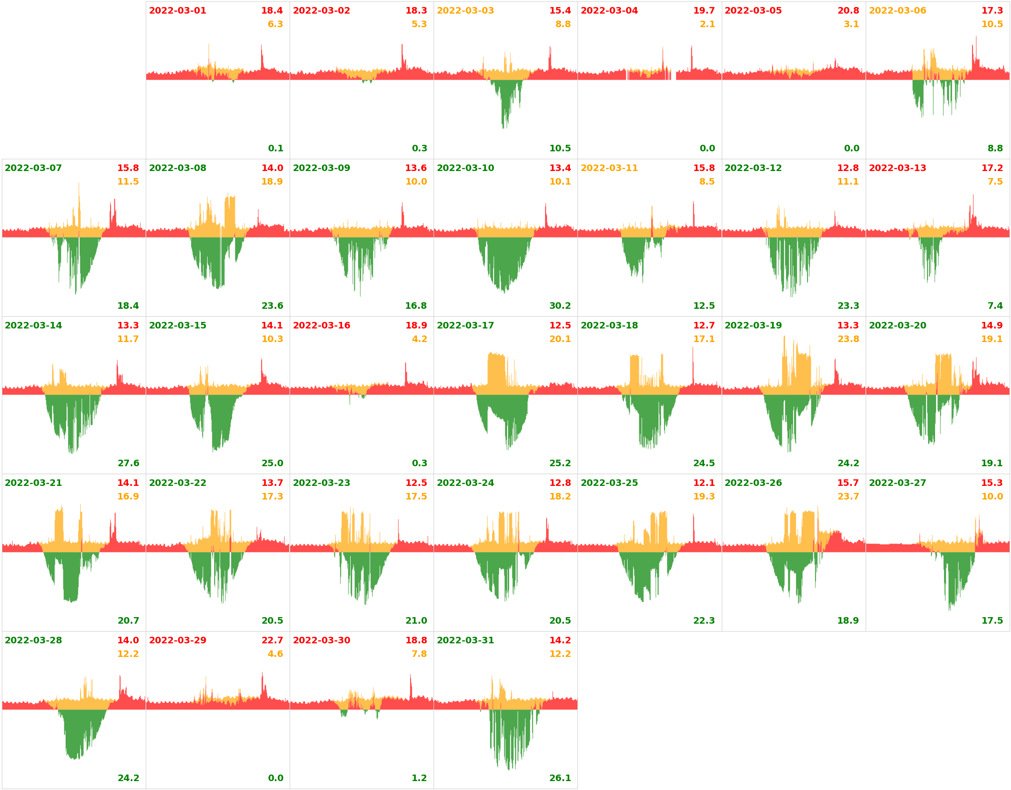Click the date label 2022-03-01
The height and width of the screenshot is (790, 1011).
tap(177, 11)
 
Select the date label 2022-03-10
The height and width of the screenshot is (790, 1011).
tap(465, 168)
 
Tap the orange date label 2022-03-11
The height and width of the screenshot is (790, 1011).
tap(609, 168)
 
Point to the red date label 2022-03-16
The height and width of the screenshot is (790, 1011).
tap(321, 326)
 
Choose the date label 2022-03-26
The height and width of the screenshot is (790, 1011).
tap(753, 483)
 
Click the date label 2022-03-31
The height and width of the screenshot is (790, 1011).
tap(465, 641)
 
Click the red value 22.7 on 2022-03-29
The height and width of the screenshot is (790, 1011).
tap(272, 641)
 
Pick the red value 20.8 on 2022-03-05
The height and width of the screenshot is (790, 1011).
tap(848, 11)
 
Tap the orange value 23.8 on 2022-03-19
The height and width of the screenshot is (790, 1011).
tap(848, 339)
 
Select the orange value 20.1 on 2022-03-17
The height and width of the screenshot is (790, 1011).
tap(560, 339)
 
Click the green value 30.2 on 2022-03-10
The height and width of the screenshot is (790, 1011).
tap(560, 306)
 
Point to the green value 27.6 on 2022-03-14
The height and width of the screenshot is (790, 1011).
tap(128, 463)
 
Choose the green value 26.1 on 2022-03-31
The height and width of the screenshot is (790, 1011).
tap(560, 778)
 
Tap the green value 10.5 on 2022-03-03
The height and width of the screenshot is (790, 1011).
tap(560, 149)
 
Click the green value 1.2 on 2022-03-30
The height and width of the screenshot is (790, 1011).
tap(419, 778)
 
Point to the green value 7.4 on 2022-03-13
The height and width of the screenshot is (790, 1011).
tap(995, 306)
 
